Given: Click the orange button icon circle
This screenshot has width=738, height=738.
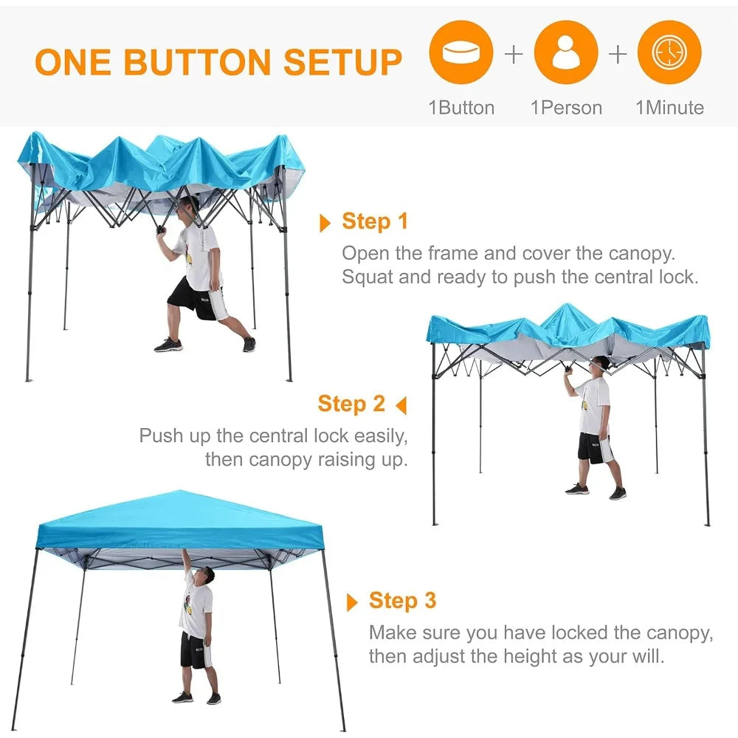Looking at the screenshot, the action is pos(461,52).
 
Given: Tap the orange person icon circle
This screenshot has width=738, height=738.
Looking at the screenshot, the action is pos(566,52).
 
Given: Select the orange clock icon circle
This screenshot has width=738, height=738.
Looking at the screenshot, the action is pos(669,52).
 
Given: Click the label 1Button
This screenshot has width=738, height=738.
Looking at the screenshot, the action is pos(461,108).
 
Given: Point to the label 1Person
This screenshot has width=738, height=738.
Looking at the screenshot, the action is pos(566,108).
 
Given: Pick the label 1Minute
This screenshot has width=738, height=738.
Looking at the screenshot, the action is pos(670,108).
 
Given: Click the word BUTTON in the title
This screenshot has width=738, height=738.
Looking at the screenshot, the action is pos(198,62).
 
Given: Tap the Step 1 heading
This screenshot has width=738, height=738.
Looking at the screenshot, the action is pos(375,221).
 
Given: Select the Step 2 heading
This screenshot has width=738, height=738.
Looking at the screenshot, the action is pos(351,404).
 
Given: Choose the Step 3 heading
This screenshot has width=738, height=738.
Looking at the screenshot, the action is pos(402,601).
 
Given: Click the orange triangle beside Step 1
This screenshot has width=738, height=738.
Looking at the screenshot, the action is pos(325,223).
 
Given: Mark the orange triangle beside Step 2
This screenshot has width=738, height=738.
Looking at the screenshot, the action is pos(401,405).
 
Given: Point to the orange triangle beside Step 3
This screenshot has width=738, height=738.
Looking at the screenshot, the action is pos(351,602).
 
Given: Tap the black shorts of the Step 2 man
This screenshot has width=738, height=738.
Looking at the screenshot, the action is pos(596,448).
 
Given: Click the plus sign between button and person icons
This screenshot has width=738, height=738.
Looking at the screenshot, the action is pos(514,54).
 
